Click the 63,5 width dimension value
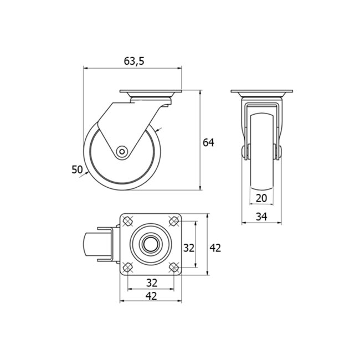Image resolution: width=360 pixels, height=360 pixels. tap(133, 61)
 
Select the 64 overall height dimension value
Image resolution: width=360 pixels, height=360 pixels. tap(208, 142)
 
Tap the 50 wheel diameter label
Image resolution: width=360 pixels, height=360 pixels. tap(76, 169)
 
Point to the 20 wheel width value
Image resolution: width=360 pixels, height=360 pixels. tap(261, 198)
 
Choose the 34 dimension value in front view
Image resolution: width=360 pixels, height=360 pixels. tap(261, 217)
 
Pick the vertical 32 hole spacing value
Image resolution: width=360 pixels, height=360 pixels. tap(189, 248)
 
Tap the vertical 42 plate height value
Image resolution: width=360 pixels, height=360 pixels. tap(215, 248)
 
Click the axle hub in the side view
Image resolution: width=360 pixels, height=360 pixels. tap(121, 151)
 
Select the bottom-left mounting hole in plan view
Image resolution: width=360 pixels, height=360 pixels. tap(128, 266)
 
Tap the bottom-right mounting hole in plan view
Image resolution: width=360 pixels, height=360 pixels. tap(173, 266)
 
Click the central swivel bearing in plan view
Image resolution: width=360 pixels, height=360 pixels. tap(151, 244)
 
